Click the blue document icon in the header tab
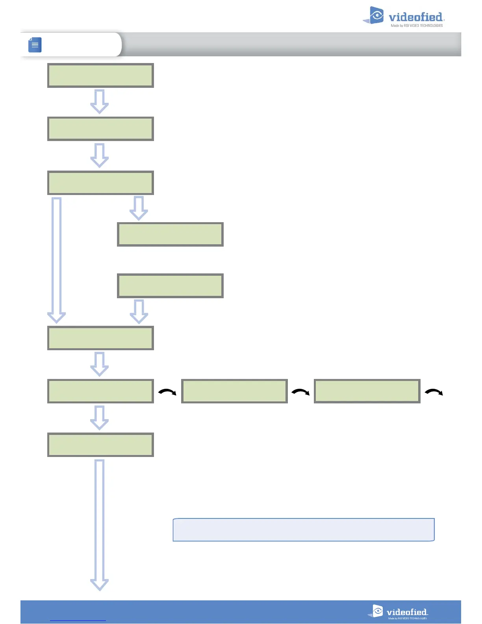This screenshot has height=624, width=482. (x=35, y=45)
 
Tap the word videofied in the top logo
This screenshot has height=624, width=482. (x=415, y=17)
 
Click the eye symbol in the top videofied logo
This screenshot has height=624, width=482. (x=376, y=15)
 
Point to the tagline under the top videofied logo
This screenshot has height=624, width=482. (x=417, y=26)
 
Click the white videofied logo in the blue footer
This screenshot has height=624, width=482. (x=398, y=612)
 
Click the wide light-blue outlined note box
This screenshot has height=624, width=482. (x=303, y=530)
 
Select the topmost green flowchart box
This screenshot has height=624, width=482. (x=100, y=75)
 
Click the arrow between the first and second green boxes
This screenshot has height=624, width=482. (x=100, y=102)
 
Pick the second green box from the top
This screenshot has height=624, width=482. (x=100, y=129)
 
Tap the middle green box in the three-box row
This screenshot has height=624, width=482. (x=234, y=391)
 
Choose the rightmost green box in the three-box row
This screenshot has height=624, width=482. (x=367, y=391)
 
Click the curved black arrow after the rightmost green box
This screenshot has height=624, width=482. (x=434, y=392)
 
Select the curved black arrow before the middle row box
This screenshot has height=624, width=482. (x=167, y=392)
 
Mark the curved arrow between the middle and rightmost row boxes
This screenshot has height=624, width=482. (x=300, y=392)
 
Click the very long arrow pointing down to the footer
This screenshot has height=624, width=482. (x=100, y=524)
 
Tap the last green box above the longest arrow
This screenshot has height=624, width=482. (x=100, y=445)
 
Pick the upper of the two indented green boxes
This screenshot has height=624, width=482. (x=170, y=234)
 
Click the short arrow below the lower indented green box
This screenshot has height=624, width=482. (x=139, y=311)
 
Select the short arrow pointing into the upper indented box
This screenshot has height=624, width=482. (x=139, y=208)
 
